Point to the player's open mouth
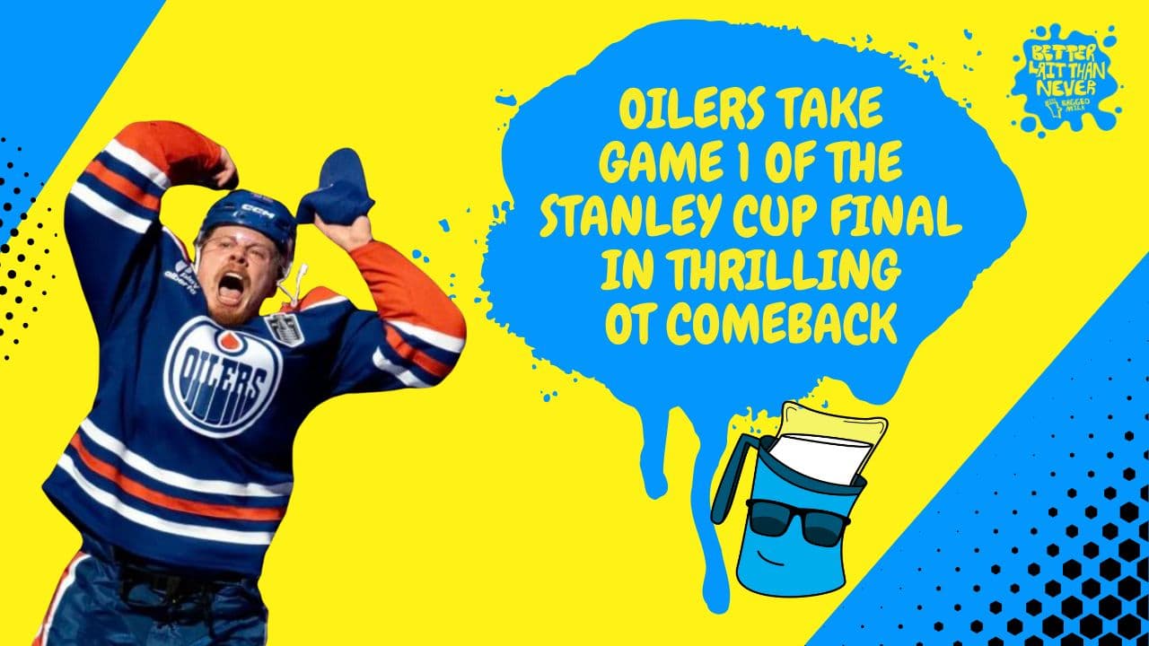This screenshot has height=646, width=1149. [231, 287]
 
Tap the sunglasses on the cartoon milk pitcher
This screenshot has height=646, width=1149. [798, 519]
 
